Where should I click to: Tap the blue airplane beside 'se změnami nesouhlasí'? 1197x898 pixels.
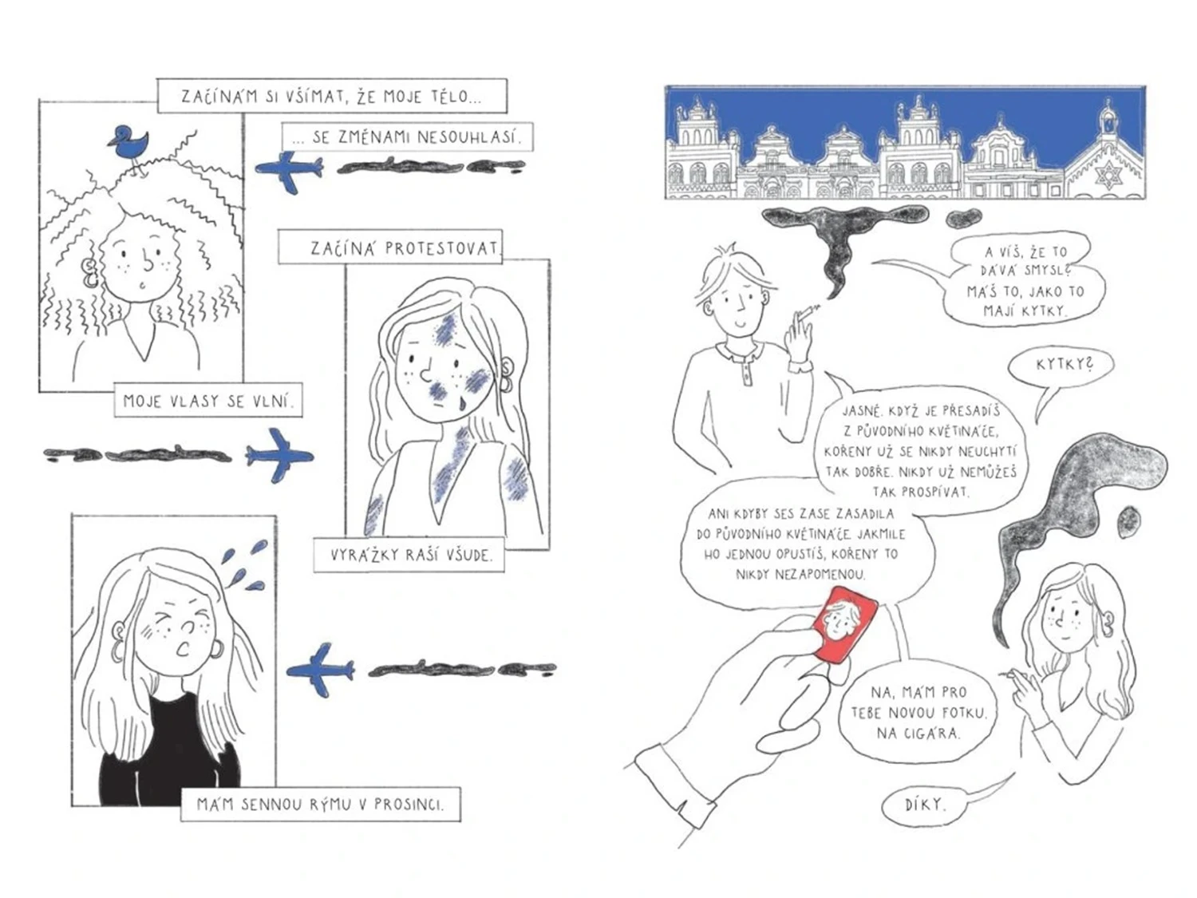click(x=289, y=172)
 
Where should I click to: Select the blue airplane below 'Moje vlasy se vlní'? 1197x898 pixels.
click(x=280, y=455)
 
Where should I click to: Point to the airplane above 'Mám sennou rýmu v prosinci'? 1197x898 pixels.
click(x=320, y=670)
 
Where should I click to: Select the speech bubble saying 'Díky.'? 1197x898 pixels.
click(x=924, y=805)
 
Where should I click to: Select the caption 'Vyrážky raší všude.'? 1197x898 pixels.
click(x=409, y=555)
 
